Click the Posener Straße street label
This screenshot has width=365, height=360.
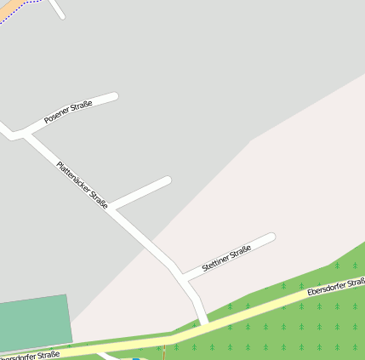tap(68, 111)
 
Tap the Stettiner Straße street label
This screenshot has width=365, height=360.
tap(226, 260)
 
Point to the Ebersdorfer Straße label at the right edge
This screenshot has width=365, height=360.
tap(337, 288)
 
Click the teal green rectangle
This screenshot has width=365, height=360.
tap(34, 323)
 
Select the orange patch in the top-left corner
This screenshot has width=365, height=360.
tap(7, 7)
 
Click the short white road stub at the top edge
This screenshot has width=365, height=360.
tap(57, 9)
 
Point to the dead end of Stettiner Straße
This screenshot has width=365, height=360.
tap(271, 237)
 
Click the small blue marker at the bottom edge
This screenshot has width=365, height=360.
tap(135, 358)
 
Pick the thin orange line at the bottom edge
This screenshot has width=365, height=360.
tap(163, 352)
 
